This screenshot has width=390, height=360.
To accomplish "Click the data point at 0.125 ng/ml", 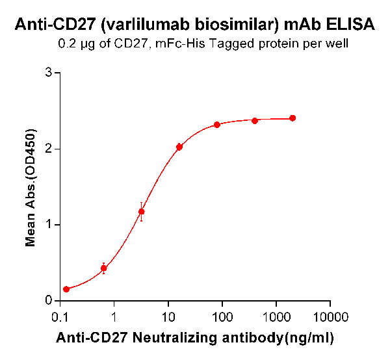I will click(66, 289).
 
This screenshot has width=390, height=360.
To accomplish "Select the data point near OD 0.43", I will click(103, 268).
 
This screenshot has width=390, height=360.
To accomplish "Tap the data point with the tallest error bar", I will click(141, 211).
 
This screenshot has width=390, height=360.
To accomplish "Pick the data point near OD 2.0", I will click(179, 147).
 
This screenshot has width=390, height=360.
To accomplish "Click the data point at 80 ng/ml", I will click(217, 125).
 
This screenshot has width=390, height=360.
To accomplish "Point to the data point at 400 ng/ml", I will click(255, 121).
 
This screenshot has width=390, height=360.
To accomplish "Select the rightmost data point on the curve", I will click(292, 118).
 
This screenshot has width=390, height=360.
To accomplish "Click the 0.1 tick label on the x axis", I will click(60, 318).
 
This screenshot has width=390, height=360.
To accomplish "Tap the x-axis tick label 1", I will click(114, 318).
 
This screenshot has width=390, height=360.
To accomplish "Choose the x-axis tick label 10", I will click(168, 318).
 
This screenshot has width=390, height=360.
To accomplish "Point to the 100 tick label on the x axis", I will click(222, 318).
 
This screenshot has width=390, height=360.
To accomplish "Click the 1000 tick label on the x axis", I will click(276, 318).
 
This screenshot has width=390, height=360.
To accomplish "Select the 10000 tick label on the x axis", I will click(330, 318).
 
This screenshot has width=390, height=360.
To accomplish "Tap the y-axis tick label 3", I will click(49, 73).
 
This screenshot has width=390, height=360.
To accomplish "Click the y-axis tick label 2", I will click(49, 149).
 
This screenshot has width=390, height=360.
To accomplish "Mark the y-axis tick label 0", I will click(49, 300).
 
